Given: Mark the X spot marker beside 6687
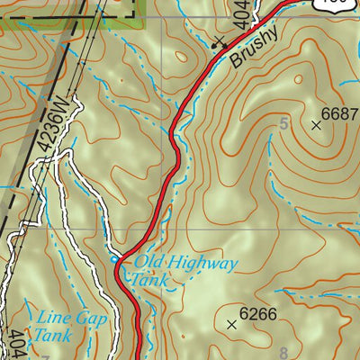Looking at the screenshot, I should pyautogui.click(x=316, y=126).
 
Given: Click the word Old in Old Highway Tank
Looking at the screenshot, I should pyautogui.click(x=148, y=264).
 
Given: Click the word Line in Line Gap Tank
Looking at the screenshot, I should pyautogui.click(x=51, y=318).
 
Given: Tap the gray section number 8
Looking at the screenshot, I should pyautogui.click(x=283, y=352).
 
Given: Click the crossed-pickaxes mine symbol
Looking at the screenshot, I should pyautogui.click(x=218, y=41).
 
